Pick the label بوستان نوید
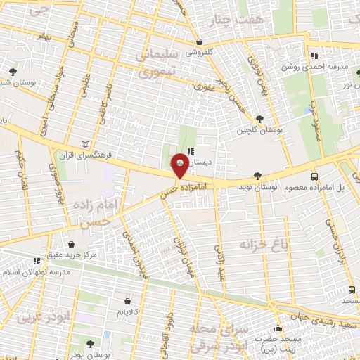(x=259, y=188)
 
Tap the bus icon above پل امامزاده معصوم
(x=314, y=177)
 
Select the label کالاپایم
(x=127, y=310)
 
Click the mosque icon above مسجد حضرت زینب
(x=278, y=328)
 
